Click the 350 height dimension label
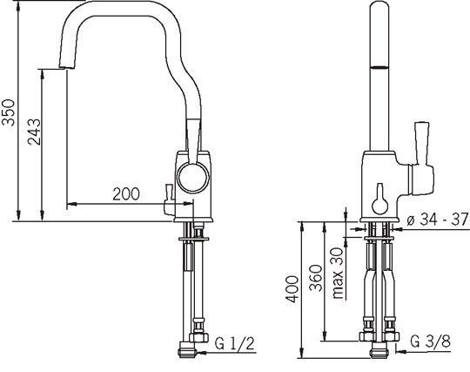[8, 112]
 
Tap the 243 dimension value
[34, 132]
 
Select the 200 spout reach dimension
[126, 194]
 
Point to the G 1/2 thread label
[235, 343]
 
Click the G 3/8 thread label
[431, 341]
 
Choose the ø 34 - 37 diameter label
[437, 220]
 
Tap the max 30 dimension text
[338, 273]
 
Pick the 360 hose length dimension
[316, 278]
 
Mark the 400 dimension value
[292, 289]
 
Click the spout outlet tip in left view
[66, 66]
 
